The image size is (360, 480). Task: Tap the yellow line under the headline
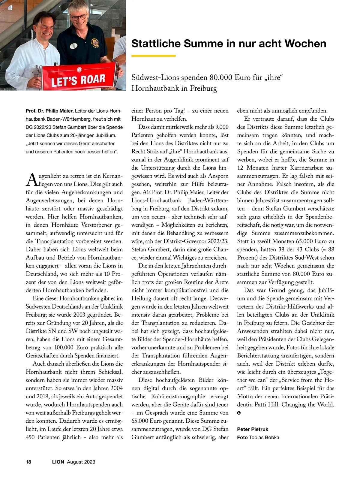(x=153, y=56)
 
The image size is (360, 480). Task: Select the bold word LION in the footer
(x=58, y=462)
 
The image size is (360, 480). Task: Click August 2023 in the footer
(x=81, y=462)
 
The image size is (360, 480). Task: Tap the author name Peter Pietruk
(x=253, y=429)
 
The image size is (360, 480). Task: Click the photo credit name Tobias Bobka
(x=264, y=437)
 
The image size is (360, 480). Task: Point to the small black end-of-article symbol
(x=239, y=413)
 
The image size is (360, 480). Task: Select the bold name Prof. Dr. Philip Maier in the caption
(x=49, y=111)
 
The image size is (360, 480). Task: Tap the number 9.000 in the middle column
(x=220, y=127)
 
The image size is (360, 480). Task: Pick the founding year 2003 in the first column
(x=77, y=315)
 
